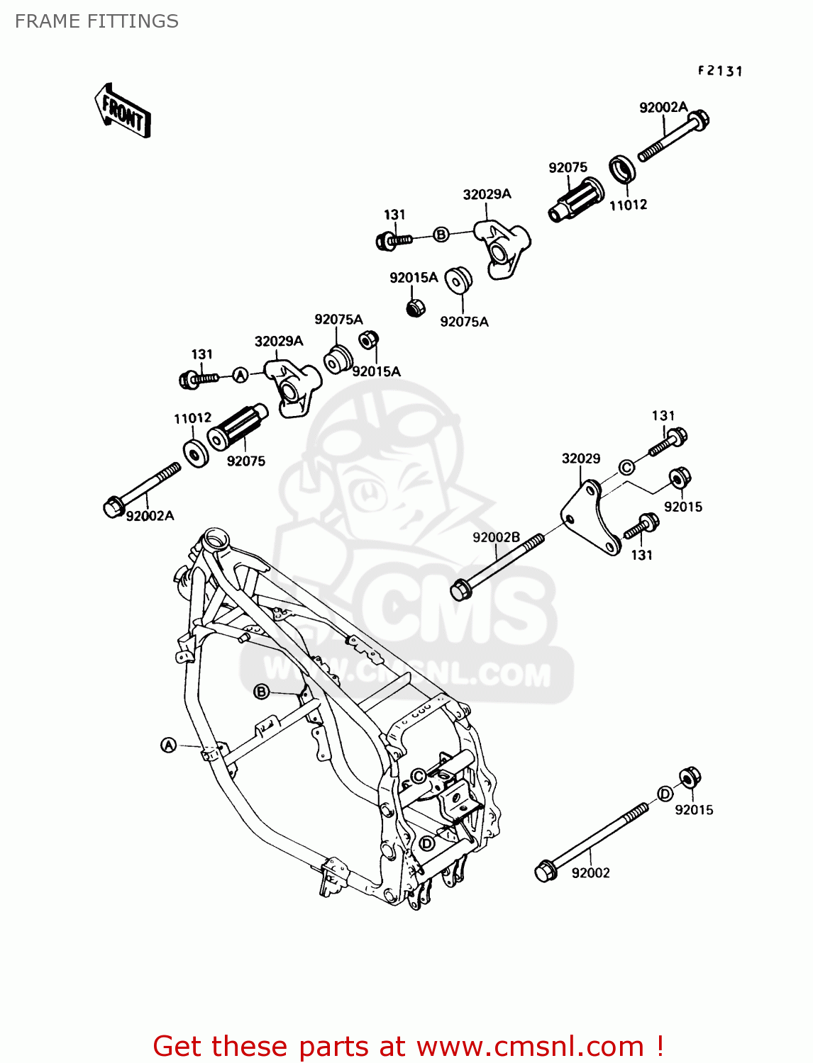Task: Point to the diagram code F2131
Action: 719,71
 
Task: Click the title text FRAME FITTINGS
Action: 96,21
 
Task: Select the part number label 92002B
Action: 496,537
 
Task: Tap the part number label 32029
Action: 580,459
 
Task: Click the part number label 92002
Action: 590,873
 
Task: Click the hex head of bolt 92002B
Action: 460,589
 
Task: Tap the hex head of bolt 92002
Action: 544,871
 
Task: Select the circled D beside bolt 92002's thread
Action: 665,794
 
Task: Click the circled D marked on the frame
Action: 426,843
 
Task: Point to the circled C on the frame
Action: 419,776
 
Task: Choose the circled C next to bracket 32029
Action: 626,467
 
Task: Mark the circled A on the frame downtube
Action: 168,745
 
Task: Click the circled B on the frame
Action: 262,692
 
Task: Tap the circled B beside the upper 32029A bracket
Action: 441,235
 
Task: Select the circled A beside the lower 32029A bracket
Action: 241,375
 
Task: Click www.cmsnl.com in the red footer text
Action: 529,1047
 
